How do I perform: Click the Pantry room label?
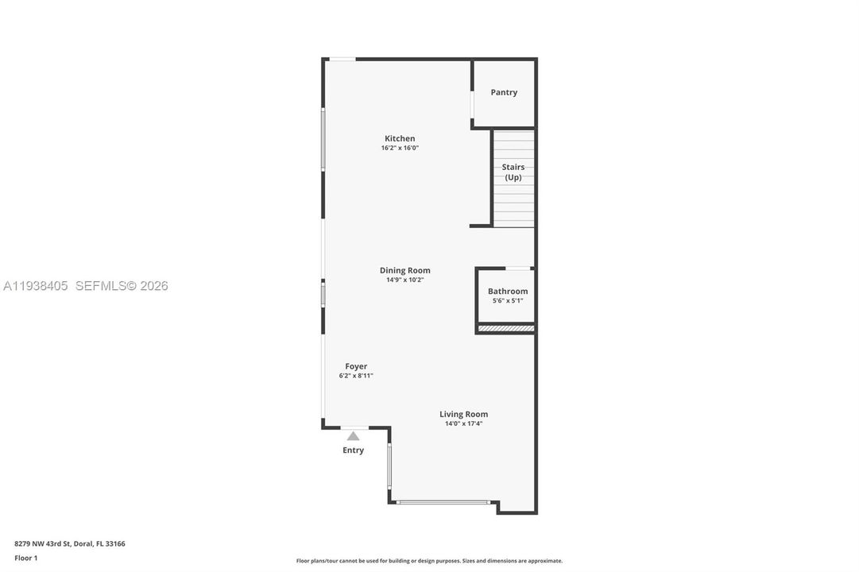(504, 92)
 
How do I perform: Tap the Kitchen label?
(400, 138)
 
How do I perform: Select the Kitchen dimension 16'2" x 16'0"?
(400, 148)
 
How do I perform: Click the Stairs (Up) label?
(513, 172)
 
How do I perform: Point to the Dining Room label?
(404, 270)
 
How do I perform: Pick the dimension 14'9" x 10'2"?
(404, 280)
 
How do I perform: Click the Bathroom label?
(508, 291)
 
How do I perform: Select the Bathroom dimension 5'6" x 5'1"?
(508, 300)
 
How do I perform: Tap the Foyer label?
(356, 366)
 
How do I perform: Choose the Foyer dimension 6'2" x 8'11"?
(356, 376)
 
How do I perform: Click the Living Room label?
(464, 414)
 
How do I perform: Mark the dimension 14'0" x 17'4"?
(464, 423)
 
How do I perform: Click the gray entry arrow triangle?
(353, 435)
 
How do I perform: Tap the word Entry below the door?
(353, 450)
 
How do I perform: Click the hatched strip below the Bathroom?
(505, 327)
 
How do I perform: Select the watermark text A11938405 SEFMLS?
(86, 286)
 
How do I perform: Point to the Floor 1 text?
(26, 558)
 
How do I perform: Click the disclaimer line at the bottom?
(429, 561)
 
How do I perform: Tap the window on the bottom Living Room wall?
(443, 502)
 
